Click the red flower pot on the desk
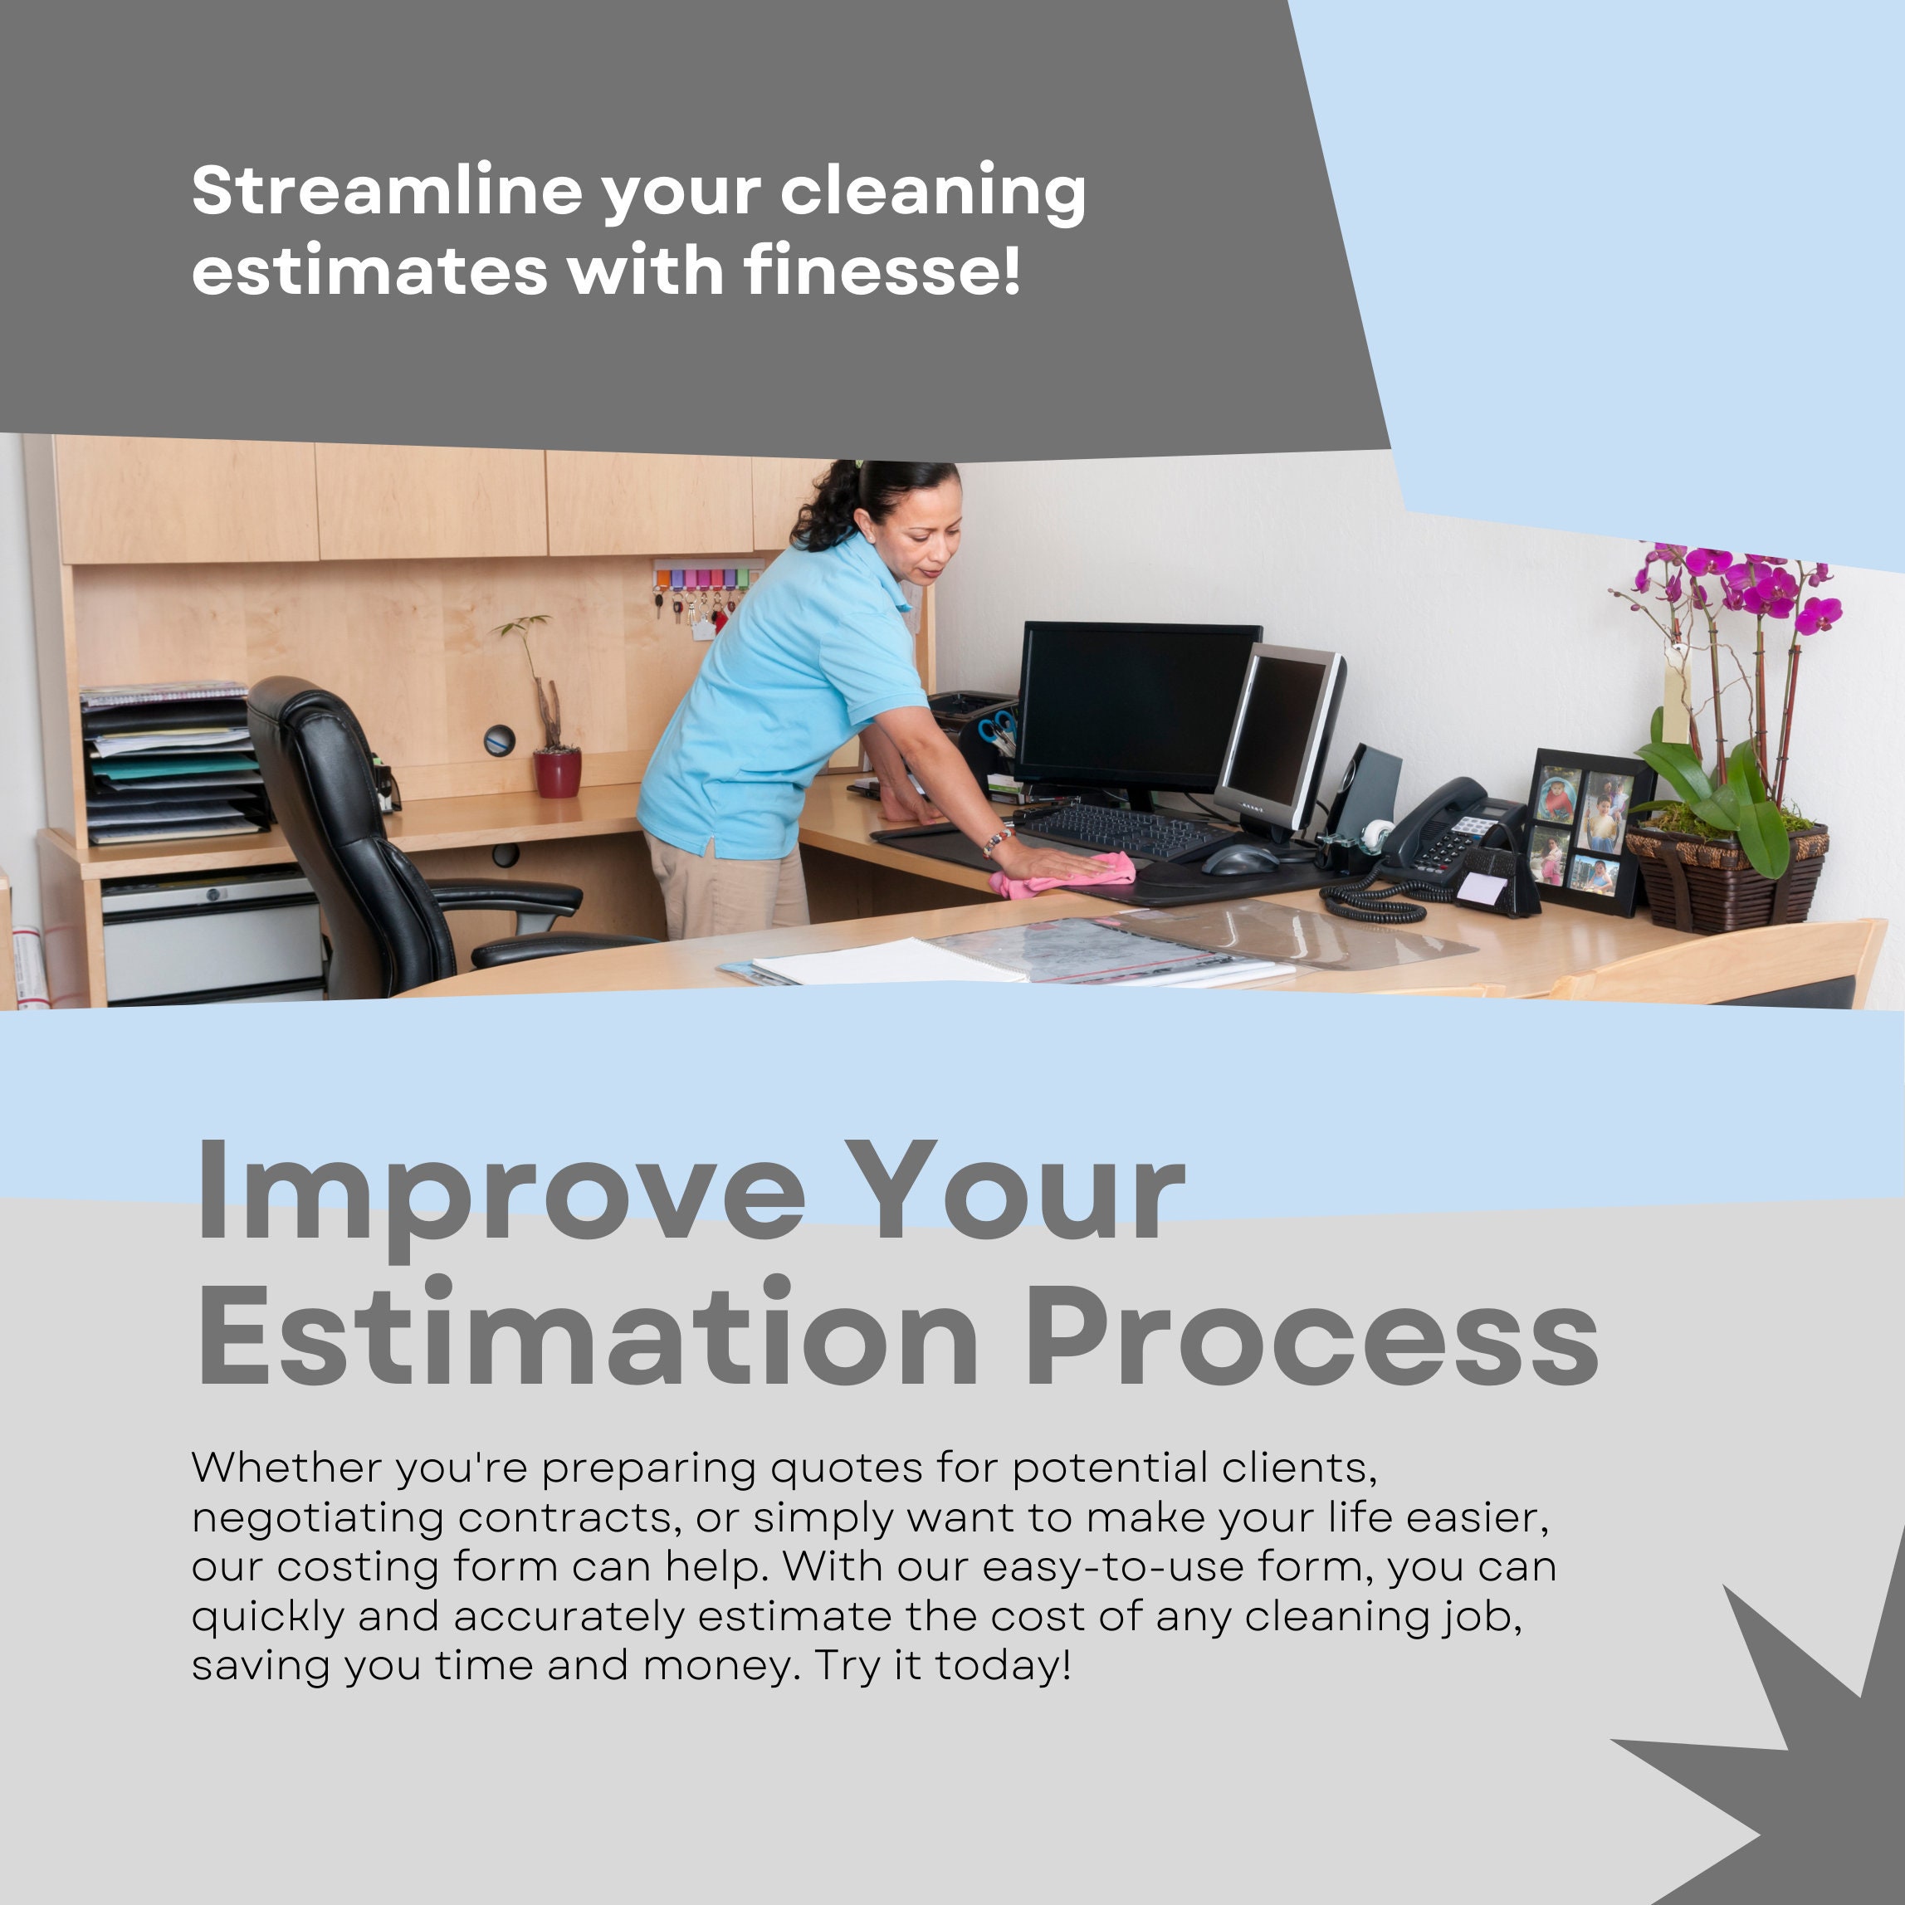(x=557, y=773)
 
